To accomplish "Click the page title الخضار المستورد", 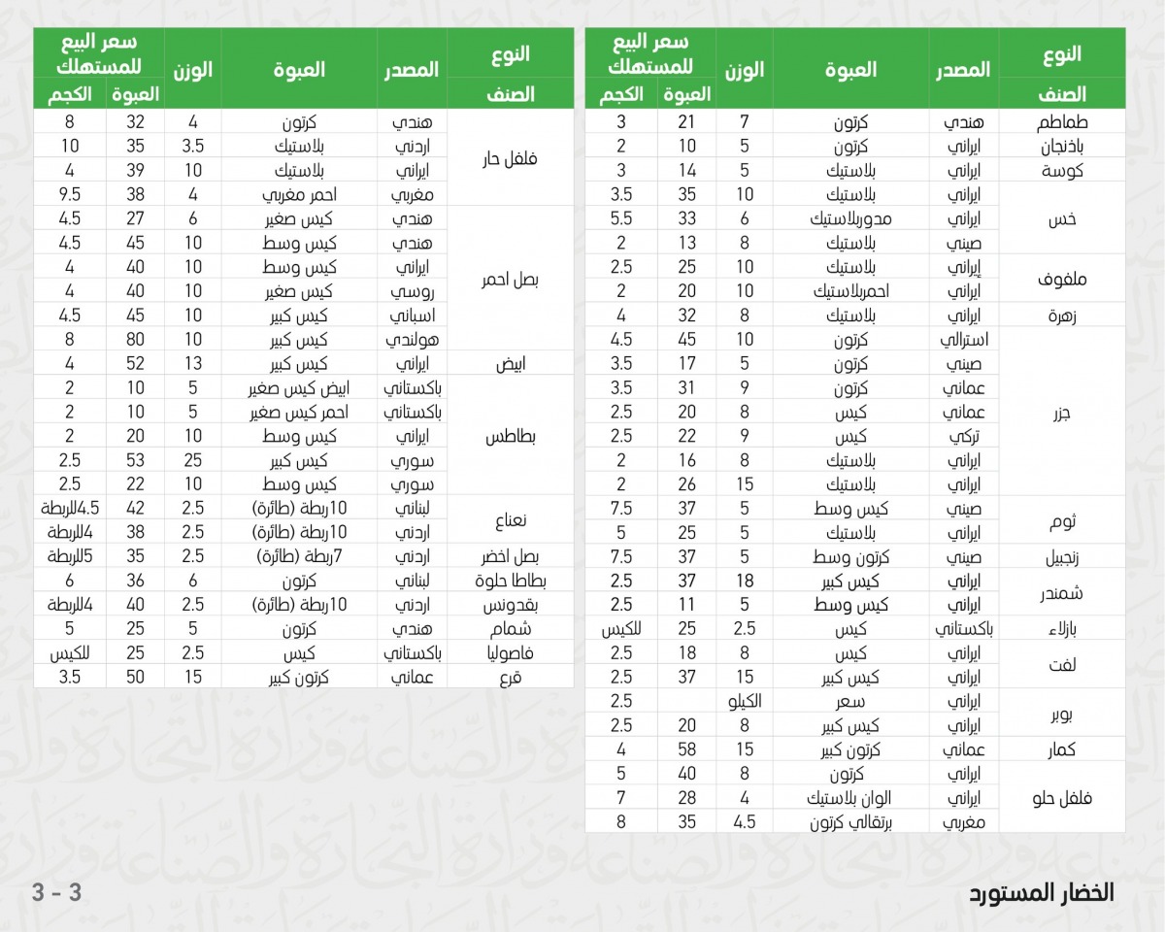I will [1042, 893].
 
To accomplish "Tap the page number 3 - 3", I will [56, 893].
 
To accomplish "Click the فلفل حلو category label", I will [1062, 797].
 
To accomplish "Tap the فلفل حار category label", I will [511, 158].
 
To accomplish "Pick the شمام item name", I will [511, 630].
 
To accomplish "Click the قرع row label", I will [511, 678].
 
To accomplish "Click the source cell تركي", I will [965, 436].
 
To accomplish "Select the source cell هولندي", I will [414, 340].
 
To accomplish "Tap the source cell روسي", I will [414, 291].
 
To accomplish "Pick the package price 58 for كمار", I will [686, 749].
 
